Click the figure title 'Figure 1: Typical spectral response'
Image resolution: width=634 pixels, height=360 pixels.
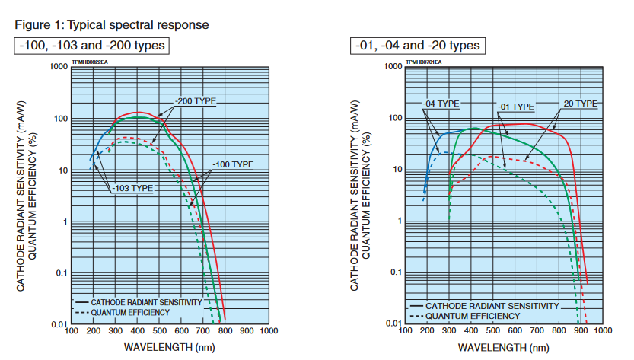[x=111, y=25]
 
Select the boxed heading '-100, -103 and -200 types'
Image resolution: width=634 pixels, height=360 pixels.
[x=91, y=46]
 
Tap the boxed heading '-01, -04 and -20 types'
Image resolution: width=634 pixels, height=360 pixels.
[x=418, y=46]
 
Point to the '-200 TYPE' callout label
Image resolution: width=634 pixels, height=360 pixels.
[x=196, y=101]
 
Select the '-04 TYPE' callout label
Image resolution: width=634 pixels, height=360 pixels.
[x=442, y=104]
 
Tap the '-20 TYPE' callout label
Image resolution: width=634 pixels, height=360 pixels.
[x=579, y=103]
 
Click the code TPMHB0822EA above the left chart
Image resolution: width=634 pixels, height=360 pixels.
[x=90, y=61]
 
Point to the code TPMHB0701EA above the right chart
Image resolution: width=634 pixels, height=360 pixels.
[x=424, y=61]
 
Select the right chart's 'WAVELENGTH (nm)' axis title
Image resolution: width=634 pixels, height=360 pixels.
[x=503, y=347]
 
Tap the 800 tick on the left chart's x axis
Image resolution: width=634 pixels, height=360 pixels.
[x=224, y=332]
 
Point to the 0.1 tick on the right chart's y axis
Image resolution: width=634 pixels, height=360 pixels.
[x=394, y=272]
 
